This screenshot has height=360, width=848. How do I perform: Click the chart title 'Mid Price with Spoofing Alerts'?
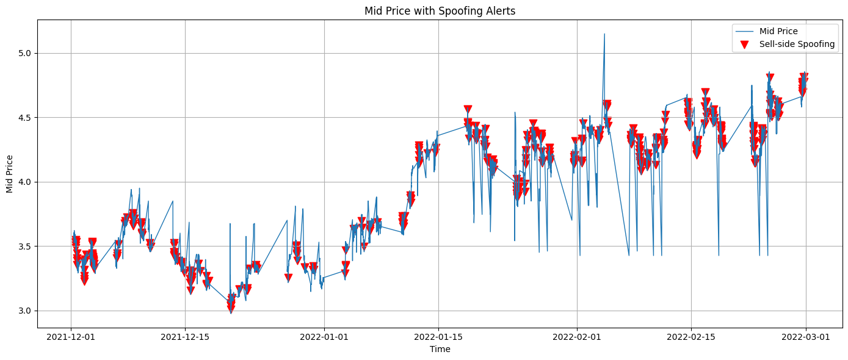440,11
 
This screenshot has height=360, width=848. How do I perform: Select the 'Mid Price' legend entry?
778,31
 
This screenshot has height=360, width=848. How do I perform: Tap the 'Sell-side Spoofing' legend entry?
797,44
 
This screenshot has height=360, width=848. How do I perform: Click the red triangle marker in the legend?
744,45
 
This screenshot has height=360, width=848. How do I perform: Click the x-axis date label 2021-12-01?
71,336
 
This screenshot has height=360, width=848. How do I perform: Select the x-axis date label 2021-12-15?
185,336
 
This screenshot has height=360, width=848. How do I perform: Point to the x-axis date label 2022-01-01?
324,336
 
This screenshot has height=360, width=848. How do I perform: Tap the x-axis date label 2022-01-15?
438,336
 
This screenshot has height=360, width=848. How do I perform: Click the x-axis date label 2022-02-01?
577,336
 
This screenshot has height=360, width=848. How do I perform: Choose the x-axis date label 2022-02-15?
691,336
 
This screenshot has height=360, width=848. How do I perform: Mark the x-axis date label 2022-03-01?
805,336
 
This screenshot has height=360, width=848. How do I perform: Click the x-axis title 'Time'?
440,349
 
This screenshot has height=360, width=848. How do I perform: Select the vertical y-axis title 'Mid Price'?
10,173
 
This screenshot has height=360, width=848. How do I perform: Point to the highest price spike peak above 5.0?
604,34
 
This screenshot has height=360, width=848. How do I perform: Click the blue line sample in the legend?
744,31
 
